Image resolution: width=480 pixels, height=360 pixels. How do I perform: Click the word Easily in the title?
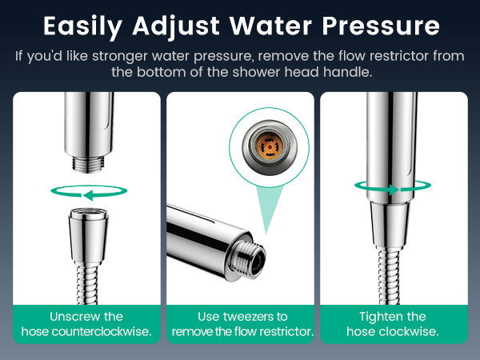pos(82,27)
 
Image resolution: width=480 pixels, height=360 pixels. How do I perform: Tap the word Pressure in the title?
pos(381,26)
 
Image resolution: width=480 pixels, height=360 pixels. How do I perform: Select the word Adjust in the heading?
pos(176,27)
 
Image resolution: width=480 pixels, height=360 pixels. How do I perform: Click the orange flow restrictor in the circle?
pos(270,147)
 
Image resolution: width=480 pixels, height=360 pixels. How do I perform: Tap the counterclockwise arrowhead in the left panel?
pos(88,195)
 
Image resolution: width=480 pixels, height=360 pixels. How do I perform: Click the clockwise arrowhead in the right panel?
pos(394,190)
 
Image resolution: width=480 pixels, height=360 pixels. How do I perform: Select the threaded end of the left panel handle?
pos(88,164)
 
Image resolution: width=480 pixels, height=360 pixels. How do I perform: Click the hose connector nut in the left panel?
pos(88,237)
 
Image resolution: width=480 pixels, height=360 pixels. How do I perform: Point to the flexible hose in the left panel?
pos(87,284)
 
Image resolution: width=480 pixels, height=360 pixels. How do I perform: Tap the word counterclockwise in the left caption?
pos(102,331)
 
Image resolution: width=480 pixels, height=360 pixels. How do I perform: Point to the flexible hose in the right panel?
pos(389,277)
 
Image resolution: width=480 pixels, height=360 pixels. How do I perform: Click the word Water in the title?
pos(270,26)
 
